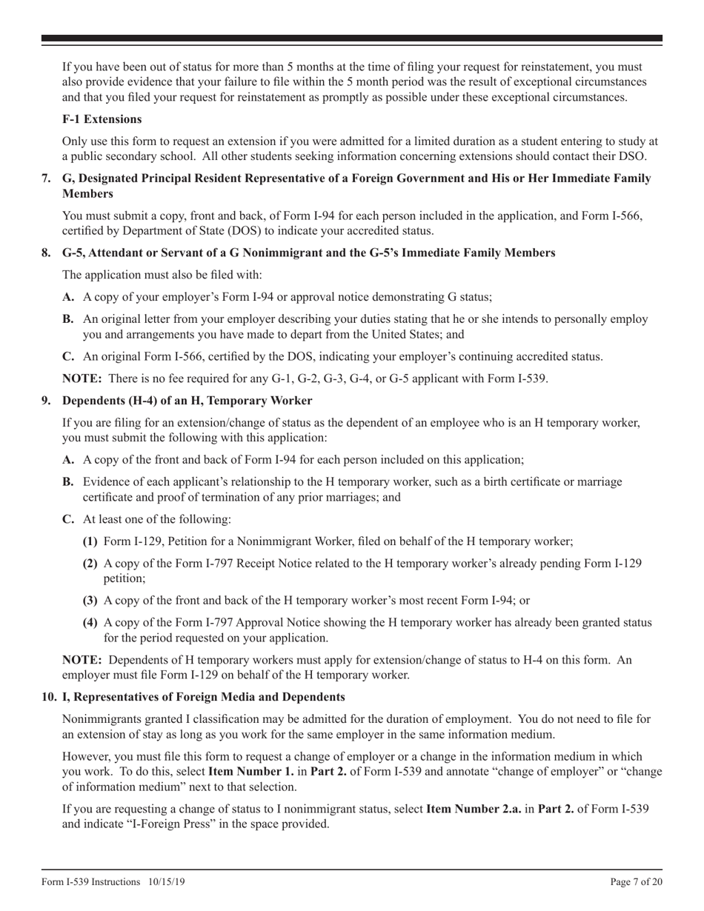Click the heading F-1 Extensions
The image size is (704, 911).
click(102, 119)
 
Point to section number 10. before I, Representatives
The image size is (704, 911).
click(49, 697)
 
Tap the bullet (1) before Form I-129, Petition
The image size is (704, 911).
click(90, 541)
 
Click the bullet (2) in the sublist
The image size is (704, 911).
click(90, 564)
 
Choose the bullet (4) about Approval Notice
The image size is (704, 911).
click(90, 623)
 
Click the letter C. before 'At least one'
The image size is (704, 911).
click(68, 519)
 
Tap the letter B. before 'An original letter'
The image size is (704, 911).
click(68, 319)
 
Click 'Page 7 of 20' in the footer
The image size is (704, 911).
click(632, 882)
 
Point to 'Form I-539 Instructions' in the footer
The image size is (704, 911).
click(91, 882)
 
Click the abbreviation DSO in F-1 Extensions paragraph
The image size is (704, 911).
click(634, 156)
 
